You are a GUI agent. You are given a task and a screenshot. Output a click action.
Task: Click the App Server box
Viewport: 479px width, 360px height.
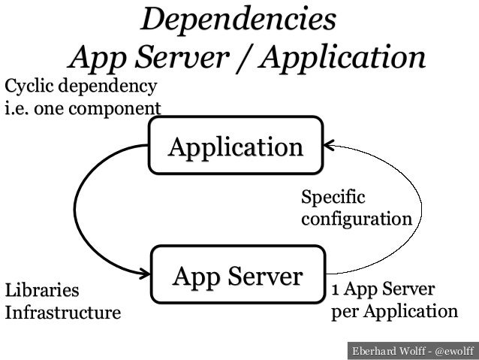click(x=237, y=276)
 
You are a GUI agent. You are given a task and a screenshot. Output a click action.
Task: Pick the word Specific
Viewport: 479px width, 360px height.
click(x=331, y=198)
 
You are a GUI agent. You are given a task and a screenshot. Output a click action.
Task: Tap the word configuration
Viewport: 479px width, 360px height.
click(x=356, y=219)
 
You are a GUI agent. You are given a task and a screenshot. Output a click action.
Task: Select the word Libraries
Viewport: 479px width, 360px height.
click(x=41, y=290)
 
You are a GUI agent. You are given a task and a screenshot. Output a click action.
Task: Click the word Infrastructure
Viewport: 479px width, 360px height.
click(x=62, y=312)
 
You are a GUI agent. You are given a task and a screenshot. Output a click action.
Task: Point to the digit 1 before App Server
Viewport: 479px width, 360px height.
click(x=336, y=290)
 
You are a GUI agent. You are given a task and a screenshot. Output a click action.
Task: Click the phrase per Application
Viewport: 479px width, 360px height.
click(x=393, y=311)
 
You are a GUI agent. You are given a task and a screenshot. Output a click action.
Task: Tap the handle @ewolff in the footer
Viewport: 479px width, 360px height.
click(x=454, y=349)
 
